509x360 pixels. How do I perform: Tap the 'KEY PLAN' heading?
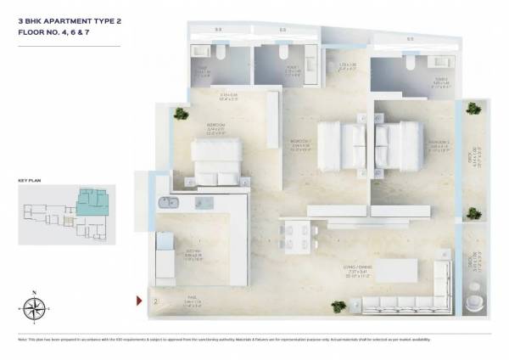pyautogui.click(x=30, y=181)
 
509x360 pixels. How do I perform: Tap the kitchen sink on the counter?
pyautogui.click(x=165, y=202)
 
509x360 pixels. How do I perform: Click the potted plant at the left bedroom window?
pyautogui.click(x=181, y=113)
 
